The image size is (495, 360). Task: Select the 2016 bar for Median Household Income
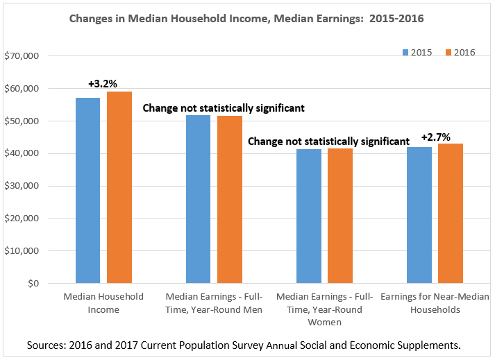tap(119, 187)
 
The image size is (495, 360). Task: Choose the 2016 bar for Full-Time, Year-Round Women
tap(340, 216)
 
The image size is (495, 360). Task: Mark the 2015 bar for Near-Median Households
tap(419, 215)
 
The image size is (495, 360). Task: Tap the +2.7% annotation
tap(435, 136)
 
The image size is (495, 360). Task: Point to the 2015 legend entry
tap(418, 53)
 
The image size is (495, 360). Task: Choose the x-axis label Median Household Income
tap(103, 303)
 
